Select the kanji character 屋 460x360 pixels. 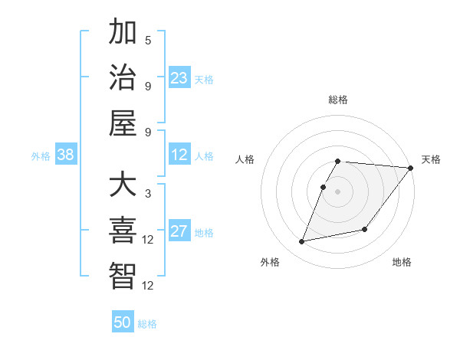coord(123,123)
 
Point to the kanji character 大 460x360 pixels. coord(123,185)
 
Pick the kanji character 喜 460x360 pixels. coord(123,231)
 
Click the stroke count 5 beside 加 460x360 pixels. coord(148,41)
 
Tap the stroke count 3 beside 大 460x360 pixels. coord(148,194)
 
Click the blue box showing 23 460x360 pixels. coord(179,77)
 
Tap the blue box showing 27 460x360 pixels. coord(179,231)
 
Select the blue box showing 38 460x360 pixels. coord(66,155)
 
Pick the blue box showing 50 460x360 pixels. coord(123,322)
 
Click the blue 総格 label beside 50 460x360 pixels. coord(147,324)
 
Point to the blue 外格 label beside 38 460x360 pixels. coord(41,156)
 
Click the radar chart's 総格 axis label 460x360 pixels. coord(338,100)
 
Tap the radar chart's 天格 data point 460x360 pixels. coord(410,168)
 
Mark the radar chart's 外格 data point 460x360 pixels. coord(302,242)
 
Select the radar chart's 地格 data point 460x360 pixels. coord(365,229)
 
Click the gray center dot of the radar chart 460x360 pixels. coord(338,191)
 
